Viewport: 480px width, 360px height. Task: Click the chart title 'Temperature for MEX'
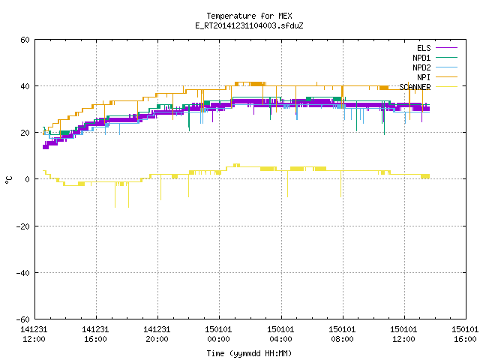(249, 16)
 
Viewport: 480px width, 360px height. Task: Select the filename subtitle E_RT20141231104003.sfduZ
(249, 25)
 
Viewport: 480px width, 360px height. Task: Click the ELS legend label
(424, 48)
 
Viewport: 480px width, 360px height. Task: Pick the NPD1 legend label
(421, 58)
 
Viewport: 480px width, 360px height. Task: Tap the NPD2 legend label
(421, 67)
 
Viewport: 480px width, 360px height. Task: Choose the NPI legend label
(424, 77)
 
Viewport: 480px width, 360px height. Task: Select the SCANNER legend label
(415, 87)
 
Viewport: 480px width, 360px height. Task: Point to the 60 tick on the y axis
(25, 40)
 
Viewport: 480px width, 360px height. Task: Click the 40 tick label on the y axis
(25, 86)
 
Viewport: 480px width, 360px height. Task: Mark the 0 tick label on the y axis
(28, 179)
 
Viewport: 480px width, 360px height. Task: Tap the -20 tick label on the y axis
(23, 226)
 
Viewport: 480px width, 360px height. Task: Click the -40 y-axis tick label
(23, 273)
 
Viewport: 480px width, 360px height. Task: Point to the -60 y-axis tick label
(23, 319)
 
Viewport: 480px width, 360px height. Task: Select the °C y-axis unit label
(9, 180)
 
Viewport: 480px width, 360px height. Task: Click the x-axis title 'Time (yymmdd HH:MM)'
(249, 353)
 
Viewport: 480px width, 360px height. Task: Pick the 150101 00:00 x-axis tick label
(218, 334)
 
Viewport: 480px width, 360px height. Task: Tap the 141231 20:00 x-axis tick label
(157, 334)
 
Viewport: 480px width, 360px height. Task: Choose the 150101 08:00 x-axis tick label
(342, 334)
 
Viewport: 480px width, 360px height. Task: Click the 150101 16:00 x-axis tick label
(465, 334)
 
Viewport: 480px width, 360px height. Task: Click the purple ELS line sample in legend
(446, 48)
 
